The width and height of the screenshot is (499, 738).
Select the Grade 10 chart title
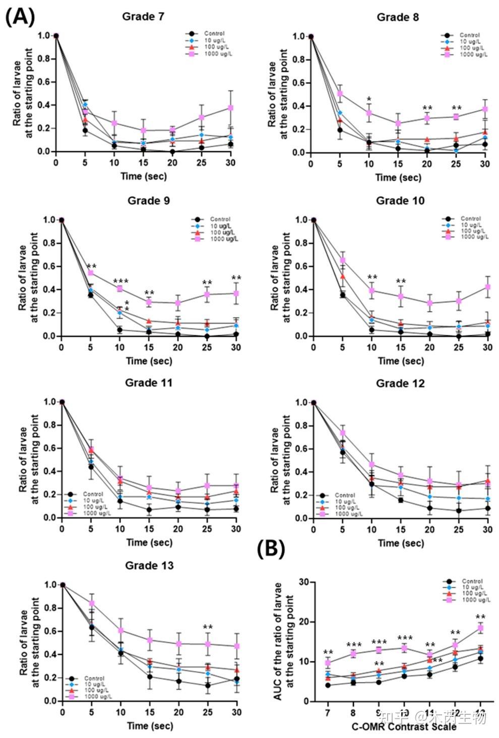pos(400,201)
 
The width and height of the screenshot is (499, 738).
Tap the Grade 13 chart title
pos(149,566)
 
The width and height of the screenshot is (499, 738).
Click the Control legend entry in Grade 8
pos(469,35)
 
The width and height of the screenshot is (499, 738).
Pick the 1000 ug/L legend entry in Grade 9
pos(224,239)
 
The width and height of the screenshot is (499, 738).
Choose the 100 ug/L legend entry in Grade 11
pos(93,507)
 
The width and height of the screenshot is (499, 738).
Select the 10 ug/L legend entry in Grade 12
pos(344,502)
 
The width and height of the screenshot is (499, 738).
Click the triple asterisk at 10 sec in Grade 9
pos(121,281)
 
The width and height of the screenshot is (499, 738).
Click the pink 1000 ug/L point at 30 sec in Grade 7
pos(231,108)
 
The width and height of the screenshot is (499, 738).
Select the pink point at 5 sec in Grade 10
pos(343,260)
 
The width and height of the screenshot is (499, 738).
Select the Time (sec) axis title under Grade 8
pos(398,177)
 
